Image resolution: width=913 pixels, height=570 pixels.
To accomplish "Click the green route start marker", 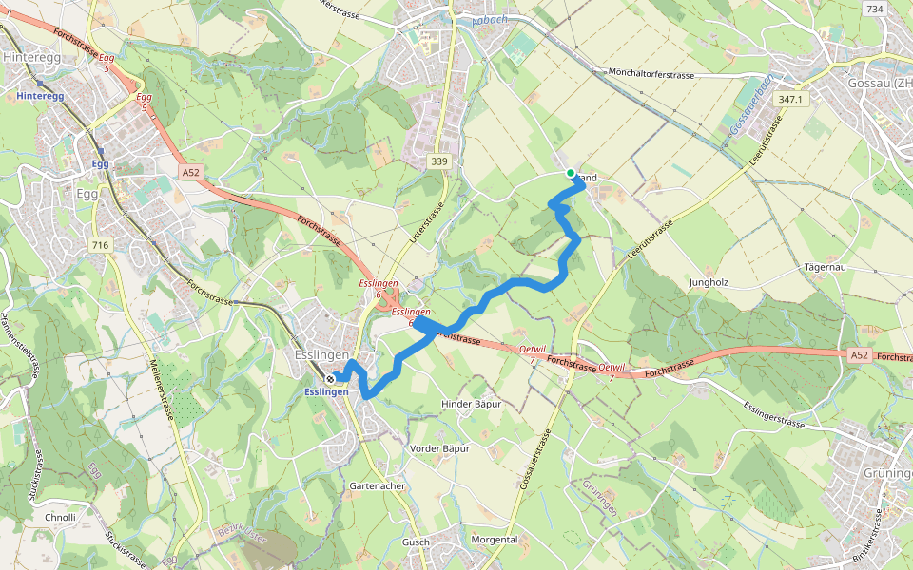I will click(x=571, y=173).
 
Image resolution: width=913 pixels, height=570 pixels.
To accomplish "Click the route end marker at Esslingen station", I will click(x=330, y=378).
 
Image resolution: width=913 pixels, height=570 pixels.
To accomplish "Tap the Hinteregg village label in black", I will click(x=32, y=57).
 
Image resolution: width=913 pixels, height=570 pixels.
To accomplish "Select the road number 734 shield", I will click(x=874, y=9).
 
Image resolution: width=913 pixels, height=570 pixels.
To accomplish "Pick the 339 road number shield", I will click(x=438, y=161).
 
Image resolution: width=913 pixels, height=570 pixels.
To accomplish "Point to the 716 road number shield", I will click(x=98, y=246).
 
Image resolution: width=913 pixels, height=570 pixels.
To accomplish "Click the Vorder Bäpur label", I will click(x=439, y=447).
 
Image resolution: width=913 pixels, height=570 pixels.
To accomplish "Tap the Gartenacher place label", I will click(x=379, y=485).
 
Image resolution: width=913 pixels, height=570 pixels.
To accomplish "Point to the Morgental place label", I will click(x=495, y=539).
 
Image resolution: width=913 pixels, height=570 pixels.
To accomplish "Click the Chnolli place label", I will click(x=60, y=518).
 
